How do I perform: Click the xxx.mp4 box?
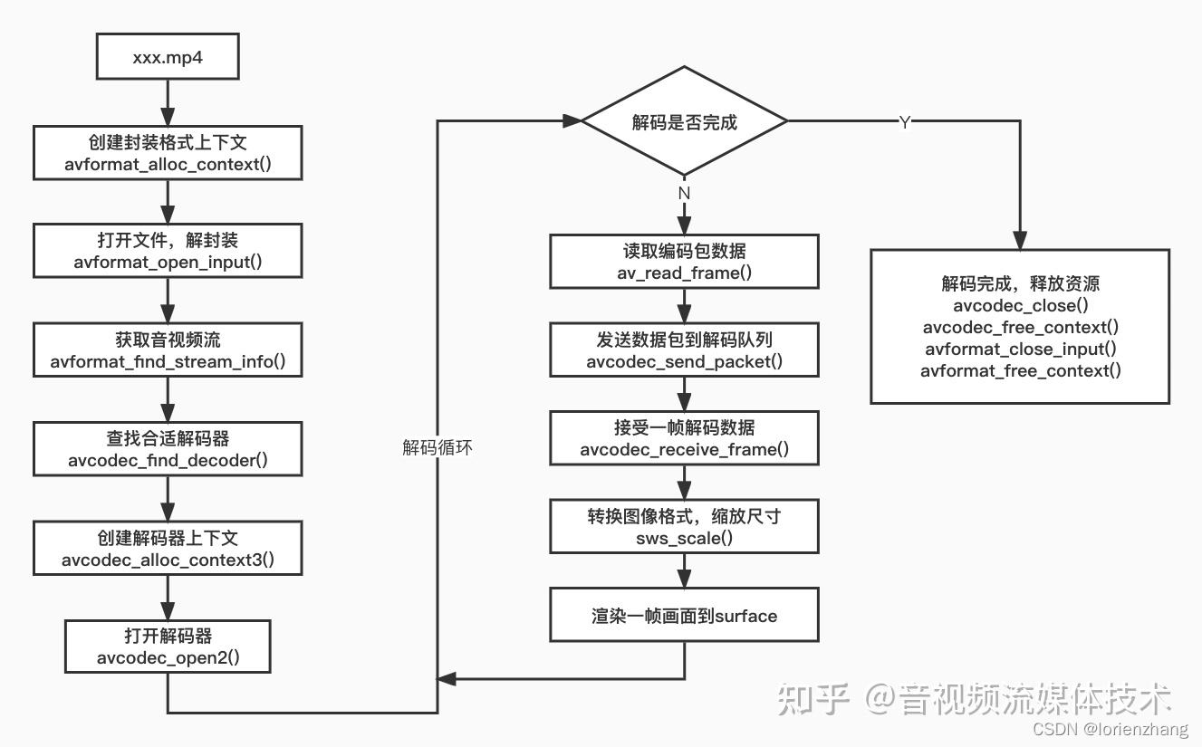pos(168,56)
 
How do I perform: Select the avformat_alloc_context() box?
pos(168,153)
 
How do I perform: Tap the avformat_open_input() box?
pos(168,251)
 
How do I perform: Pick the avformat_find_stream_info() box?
pos(168,350)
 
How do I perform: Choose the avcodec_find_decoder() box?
pos(168,449)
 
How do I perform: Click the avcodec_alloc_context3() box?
pos(168,548)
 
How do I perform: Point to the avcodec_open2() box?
pos(168,646)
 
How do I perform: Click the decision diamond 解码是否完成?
pos(684,121)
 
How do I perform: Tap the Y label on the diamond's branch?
pos(905,122)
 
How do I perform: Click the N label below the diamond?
pos(684,193)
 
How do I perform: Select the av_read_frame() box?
pos(684,261)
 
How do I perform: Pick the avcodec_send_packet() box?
pos(684,350)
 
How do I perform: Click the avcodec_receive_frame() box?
pos(684,438)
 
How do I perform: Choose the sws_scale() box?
pos(684,527)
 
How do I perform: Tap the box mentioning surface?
pos(684,615)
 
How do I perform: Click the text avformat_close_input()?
pos(1020,350)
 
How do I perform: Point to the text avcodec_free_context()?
pos(1020,327)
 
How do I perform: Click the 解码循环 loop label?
pos(438,447)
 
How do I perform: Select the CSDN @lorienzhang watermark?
pos(1111,729)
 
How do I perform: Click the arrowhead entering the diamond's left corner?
pos(572,121)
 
